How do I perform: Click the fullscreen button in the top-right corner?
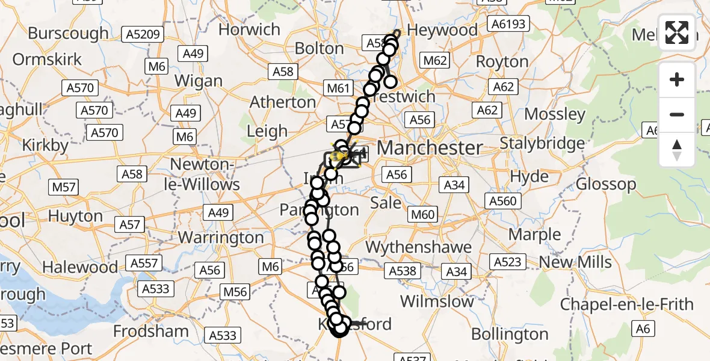click(677, 32)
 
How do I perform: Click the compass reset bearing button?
click(677, 150)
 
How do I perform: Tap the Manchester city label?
click(430, 147)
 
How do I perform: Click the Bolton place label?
click(320, 48)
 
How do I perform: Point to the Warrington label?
click(221, 237)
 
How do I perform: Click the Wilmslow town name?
click(437, 301)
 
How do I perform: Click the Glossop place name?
click(606, 184)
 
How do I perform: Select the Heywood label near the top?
click(442, 29)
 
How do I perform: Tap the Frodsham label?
click(151, 331)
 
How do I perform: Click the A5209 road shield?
click(143, 34)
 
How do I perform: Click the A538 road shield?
click(402, 271)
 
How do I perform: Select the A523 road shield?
click(508, 262)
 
